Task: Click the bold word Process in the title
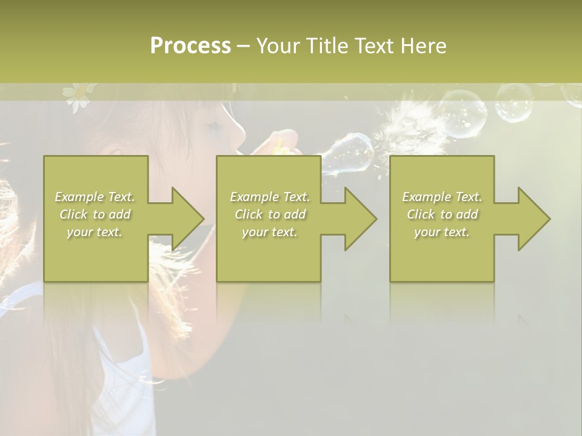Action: pos(190,46)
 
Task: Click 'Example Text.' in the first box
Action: pos(95,197)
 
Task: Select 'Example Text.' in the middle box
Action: pos(270,197)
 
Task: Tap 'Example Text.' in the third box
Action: pos(442,197)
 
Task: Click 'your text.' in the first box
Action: pos(95,232)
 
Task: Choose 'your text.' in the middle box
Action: pos(270,232)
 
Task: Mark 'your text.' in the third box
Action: pos(442,232)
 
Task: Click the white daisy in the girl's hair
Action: pos(77,95)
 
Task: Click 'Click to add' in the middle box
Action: pos(270,214)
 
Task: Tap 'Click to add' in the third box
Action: pos(442,214)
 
